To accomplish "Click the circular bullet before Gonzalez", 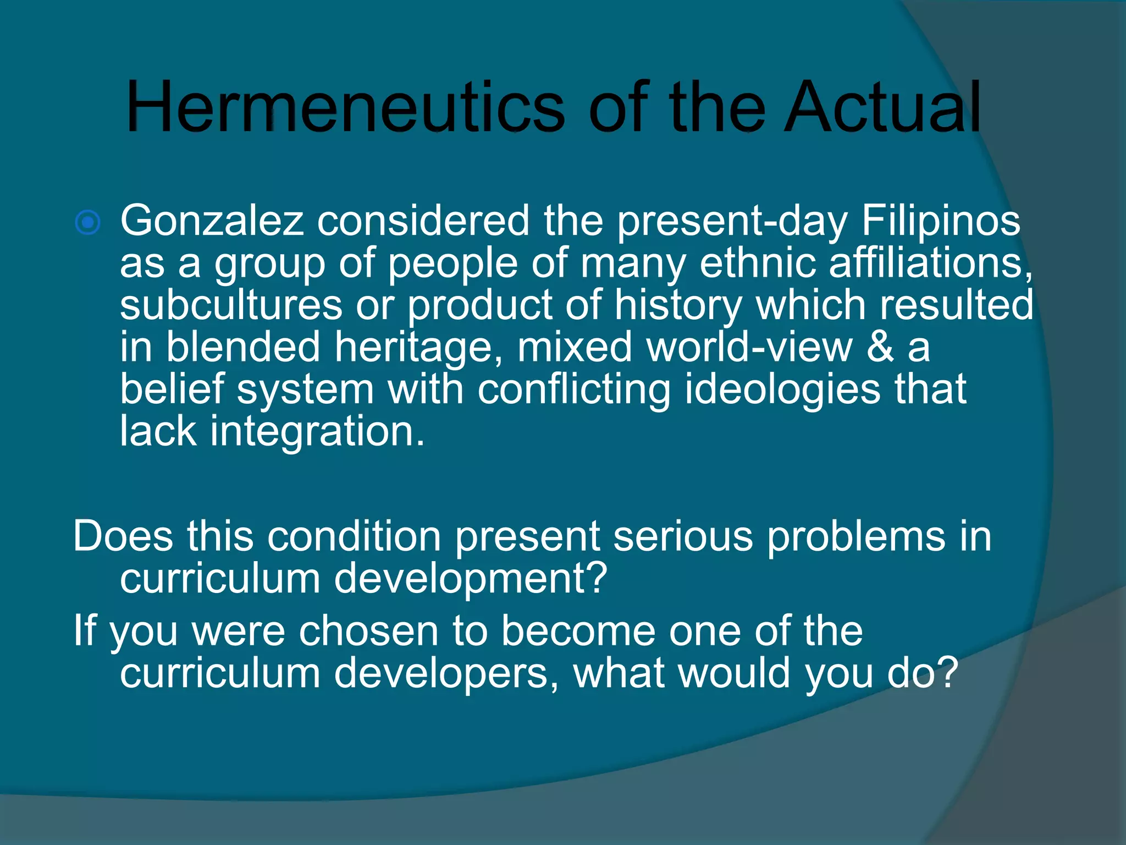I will coord(88,223).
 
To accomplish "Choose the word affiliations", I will coord(930,263).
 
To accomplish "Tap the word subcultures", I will coord(231,305).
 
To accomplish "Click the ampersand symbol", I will coord(880,347).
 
